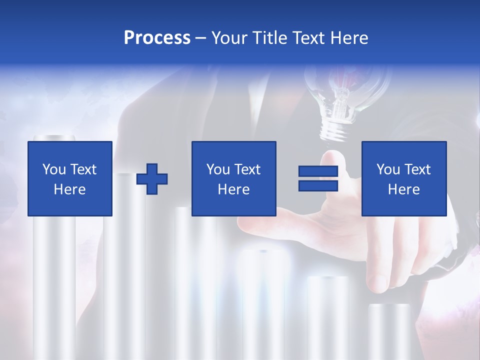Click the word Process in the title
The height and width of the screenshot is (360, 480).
(x=157, y=38)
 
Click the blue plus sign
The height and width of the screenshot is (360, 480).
(x=152, y=178)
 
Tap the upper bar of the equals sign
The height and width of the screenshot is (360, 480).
(x=318, y=171)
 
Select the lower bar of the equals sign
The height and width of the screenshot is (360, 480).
(x=318, y=186)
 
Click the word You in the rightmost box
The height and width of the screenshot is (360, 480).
(x=388, y=169)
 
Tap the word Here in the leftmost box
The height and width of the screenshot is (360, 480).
(x=69, y=189)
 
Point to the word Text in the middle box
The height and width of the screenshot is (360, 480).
(x=248, y=169)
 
